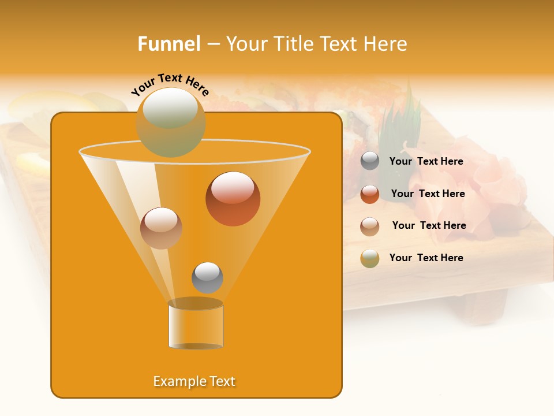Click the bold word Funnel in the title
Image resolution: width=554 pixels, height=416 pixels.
pyautogui.click(x=169, y=44)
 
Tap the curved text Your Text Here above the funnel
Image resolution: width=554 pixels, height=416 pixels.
pyautogui.click(x=170, y=84)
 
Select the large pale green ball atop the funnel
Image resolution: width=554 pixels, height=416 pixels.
pyautogui.click(x=170, y=122)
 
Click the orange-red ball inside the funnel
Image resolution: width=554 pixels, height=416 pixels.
pyautogui.click(x=233, y=199)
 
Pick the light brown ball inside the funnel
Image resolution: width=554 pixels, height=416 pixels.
pyautogui.click(x=161, y=228)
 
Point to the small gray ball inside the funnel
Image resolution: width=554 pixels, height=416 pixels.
pyautogui.click(x=207, y=277)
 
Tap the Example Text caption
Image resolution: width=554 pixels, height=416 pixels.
pyautogui.click(x=194, y=381)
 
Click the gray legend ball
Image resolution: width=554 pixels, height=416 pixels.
pyautogui.click(x=370, y=161)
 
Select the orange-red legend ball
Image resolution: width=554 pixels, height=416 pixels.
pyautogui.click(x=370, y=194)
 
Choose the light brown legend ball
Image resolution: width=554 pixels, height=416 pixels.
pyautogui.click(x=370, y=226)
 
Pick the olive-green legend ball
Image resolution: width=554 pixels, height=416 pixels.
pyautogui.click(x=370, y=258)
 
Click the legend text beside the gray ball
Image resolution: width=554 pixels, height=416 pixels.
pyautogui.click(x=426, y=162)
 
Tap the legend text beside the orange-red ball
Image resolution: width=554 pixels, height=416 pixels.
pyautogui.click(x=428, y=194)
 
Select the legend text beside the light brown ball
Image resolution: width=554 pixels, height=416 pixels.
pyautogui.click(x=429, y=226)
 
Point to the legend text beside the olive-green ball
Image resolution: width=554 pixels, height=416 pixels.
pyautogui.click(x=426, y=258)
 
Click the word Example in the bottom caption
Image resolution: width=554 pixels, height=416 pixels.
pyautogui.click(x=175, y=381)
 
